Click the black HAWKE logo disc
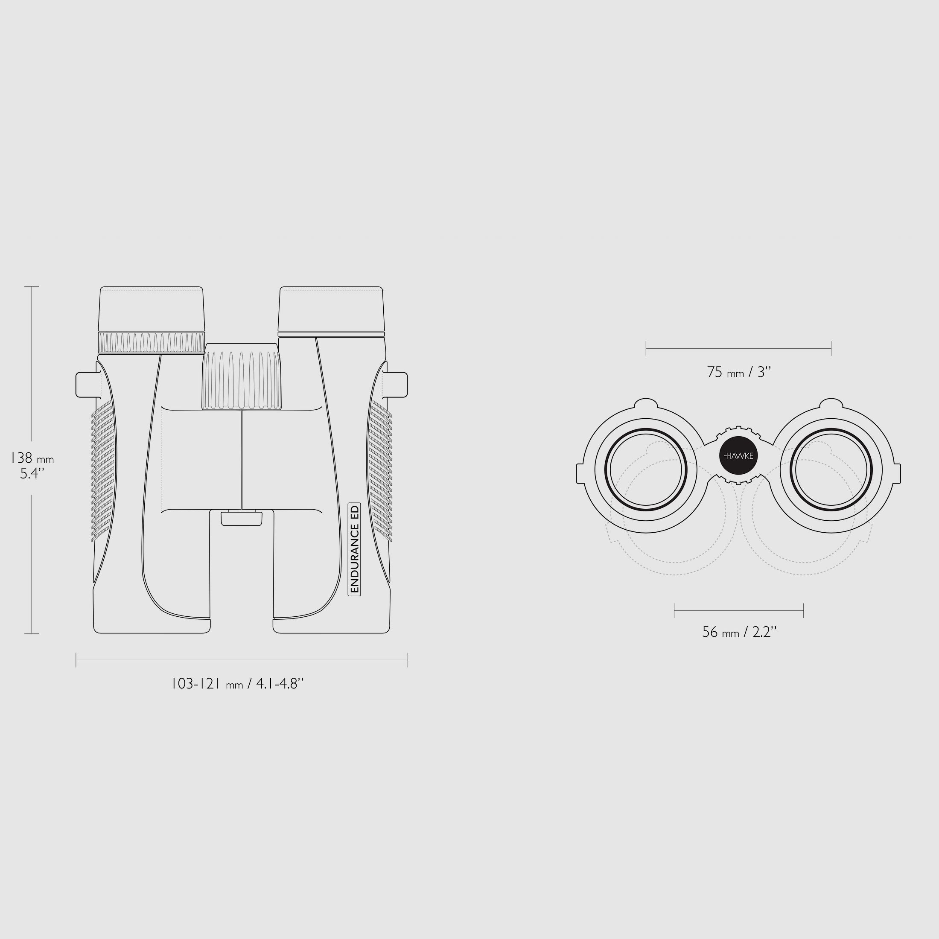(x=738, y=456)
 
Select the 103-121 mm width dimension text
(x=238, y=684)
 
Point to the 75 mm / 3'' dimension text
(x=739, y=372)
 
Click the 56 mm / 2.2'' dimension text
(x=739, y=632)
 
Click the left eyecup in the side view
(x=151, y=309)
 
